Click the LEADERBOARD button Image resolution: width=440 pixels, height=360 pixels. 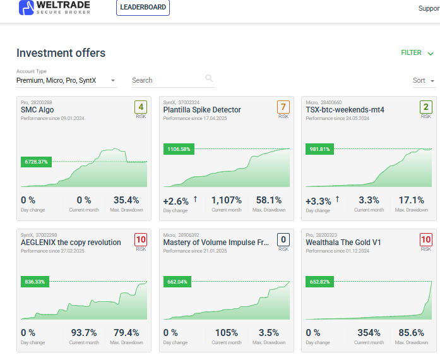143,8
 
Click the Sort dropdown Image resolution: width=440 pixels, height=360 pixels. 424,81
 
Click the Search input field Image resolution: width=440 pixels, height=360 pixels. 166,80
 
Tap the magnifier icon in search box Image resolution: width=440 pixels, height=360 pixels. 209,78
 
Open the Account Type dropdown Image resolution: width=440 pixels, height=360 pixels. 66,80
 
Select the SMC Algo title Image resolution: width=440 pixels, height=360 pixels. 37,110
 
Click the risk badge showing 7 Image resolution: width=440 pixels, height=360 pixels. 283,107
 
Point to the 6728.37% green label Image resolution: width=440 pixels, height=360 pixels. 35,162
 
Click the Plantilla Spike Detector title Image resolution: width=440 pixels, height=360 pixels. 202,110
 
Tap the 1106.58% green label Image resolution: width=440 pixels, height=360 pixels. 179,149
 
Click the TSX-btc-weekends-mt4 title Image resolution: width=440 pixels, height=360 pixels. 345,110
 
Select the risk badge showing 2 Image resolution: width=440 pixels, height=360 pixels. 426,107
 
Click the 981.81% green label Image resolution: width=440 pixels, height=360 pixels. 320,149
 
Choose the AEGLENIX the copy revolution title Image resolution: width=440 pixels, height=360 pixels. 71,243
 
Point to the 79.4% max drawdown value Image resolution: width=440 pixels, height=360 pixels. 126,332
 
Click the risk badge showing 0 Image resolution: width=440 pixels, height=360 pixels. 283,239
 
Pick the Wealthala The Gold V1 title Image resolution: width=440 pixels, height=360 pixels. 343,243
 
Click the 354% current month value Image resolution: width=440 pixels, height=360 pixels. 369,332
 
